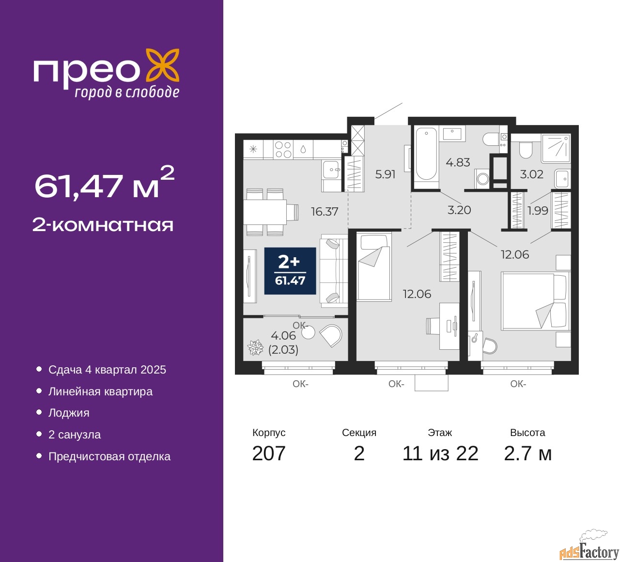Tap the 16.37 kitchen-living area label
point(325,211)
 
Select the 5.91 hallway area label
point(385,174)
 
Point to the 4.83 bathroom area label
point(458,162)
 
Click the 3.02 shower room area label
point(531,174)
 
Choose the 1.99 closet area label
point(538,211)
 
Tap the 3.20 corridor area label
point(459,210)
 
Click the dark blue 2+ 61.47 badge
point(290,271)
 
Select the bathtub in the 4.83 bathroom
point(426,157)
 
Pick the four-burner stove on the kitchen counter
point(283,150)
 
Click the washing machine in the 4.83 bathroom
point(482,178)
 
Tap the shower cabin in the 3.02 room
point(556,148)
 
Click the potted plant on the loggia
point(255,347)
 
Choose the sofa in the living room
point(334,271)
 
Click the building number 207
point(268,453)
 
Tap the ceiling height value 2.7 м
point(527,453)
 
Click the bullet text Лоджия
point(69,413)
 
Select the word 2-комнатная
point(103,225)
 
